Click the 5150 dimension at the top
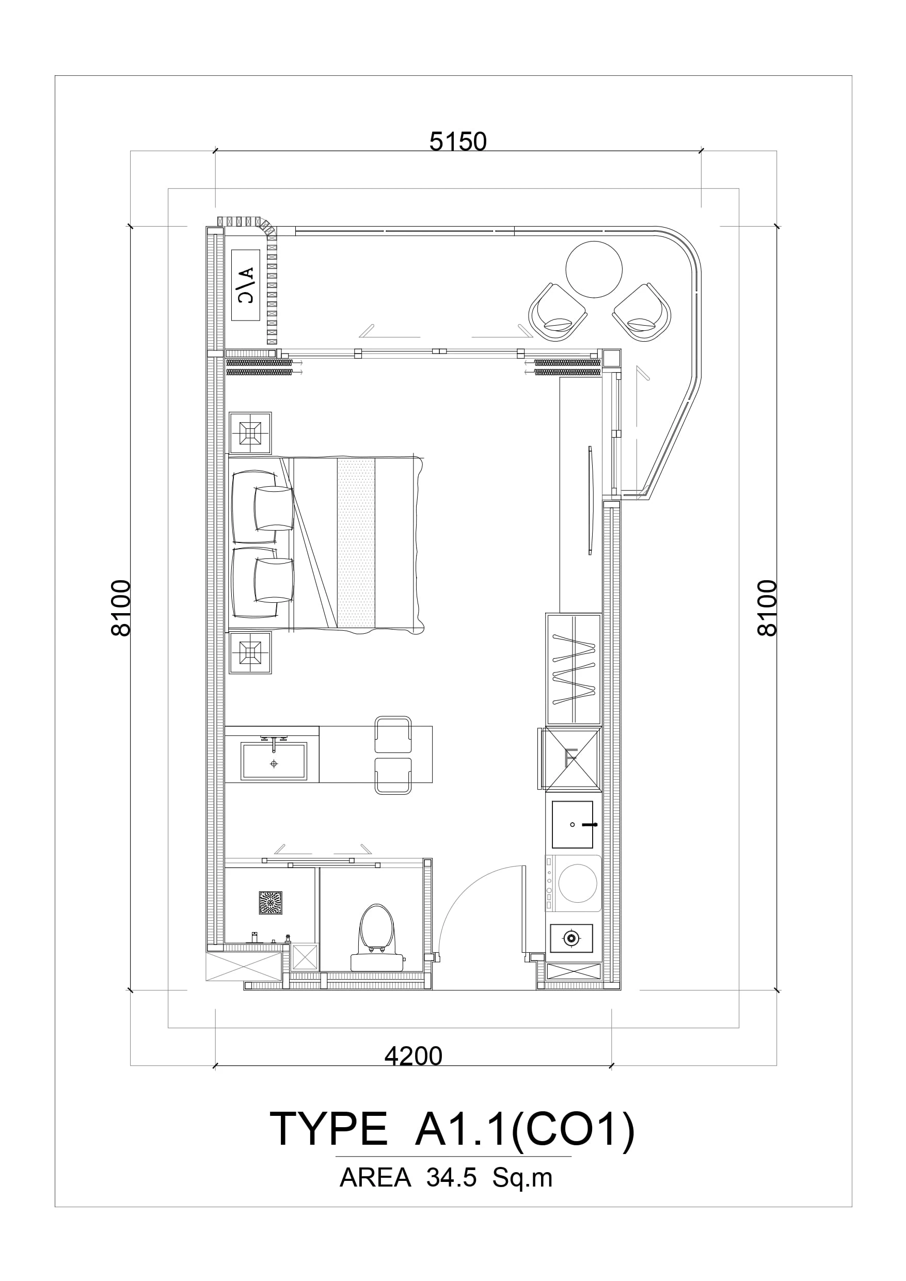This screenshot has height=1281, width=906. pyautogui.click(x=458, y=142)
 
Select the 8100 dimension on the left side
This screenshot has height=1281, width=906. pyautogui.click(x=121, y=608)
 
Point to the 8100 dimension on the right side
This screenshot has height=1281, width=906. pyautogui.click(x=768, y=608)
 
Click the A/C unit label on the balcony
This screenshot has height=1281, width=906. pyautogui.click(x=246, y=285)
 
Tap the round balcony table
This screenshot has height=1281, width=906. pyautogui.click(x=594, y=269)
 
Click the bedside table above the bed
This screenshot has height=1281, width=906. pyautogui.click(x=250, y=433)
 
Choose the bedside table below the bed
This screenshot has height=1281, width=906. pyautogui.click(x=250, y=653)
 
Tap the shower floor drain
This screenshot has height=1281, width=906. pyautogui.click(x=271, y=903)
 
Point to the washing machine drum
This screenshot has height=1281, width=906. pyautogui.click(x=578, y=883)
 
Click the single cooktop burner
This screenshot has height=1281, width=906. pyautogui.click(x=571, y=938)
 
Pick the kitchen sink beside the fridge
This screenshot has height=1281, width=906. pyautogui.click(x=572, y=825)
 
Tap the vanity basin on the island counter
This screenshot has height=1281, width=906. pyautogui.click(x=274, y=761)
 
